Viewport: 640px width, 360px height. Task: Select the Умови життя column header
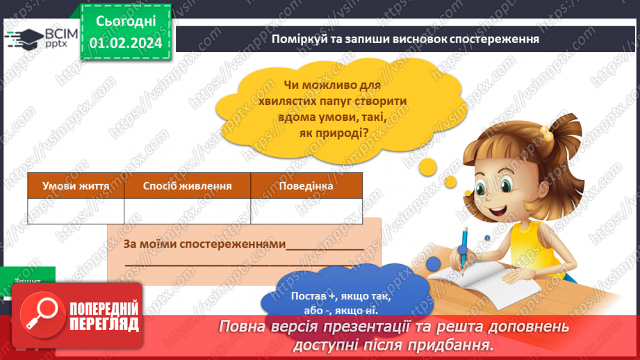click(x=76, y=186)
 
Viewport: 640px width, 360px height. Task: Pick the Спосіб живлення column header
click(x=187, y=186)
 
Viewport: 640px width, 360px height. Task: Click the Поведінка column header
click(x=306, y=186)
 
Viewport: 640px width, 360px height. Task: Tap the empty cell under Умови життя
click(x=76, y=211)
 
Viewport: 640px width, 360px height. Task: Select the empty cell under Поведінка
click(x=306, y=211)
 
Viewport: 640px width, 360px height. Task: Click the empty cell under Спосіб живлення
click(x=187, y=211)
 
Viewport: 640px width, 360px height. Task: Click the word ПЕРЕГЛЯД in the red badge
click(x=104, y=324)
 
